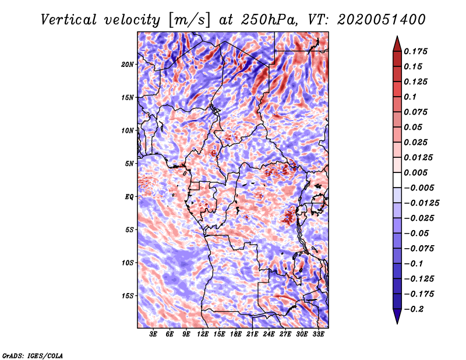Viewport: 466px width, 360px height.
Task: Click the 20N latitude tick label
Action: pos(128,64)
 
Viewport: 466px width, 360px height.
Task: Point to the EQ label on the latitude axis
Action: pos(129,196)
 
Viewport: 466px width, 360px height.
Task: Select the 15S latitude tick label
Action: pos(128,295)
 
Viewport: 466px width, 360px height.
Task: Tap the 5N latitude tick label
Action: pos(129,163)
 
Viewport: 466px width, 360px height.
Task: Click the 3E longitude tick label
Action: pos(154,335)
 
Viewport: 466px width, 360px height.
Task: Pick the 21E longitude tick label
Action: pos(253,335)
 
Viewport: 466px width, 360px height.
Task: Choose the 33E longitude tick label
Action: pos(319,335)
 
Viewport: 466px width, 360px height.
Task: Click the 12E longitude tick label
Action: pos(203,335)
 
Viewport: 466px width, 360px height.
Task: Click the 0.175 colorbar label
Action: pos(416,51)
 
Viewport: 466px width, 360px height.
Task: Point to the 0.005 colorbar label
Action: pos(416,172)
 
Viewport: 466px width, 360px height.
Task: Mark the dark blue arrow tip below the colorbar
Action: pos(396,318)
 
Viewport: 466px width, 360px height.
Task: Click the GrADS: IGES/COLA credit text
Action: pos(32,355)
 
